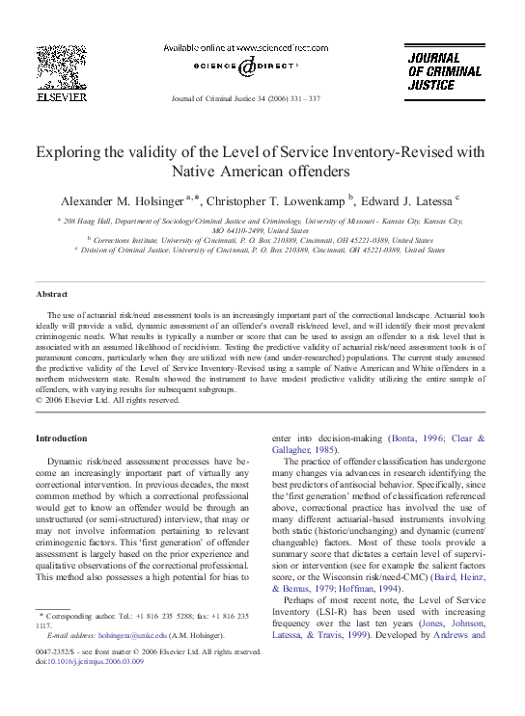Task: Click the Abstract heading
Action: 51,293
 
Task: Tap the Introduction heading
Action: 61,438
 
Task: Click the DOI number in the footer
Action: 83,662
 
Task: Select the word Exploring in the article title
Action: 69,151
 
